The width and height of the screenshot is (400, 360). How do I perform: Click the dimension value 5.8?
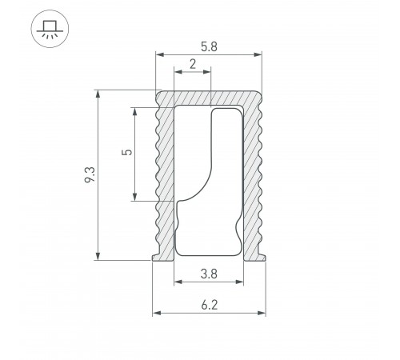pos(209,46)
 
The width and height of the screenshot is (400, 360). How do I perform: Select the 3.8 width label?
pos(209,272)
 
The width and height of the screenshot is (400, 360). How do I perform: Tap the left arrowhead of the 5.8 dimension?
pos(159,55)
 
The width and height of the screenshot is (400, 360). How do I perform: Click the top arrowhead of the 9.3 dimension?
pos(98,94)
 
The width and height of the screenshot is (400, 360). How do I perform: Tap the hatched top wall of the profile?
pos(208,97)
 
